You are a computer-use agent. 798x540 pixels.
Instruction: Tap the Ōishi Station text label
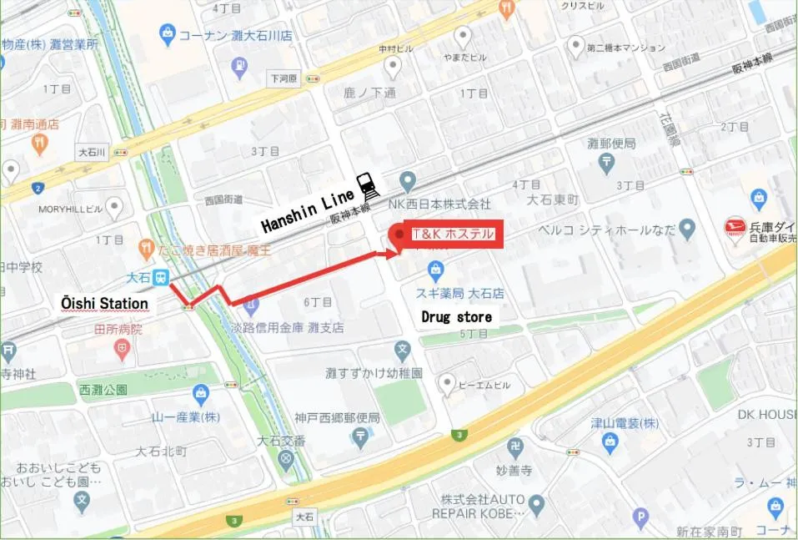click(104, 303)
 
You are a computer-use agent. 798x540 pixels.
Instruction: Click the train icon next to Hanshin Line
click(366, 183)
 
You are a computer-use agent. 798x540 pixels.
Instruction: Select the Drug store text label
click(456, 317)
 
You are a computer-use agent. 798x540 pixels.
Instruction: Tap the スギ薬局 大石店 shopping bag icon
click(434, 269)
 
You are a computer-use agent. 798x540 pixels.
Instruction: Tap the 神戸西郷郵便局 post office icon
click(359, 436)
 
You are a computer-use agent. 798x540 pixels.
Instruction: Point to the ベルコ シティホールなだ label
click(606, 229)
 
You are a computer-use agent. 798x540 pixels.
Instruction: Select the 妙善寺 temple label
click(514, 469)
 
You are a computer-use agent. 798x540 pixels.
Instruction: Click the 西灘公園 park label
click(103, 390)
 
